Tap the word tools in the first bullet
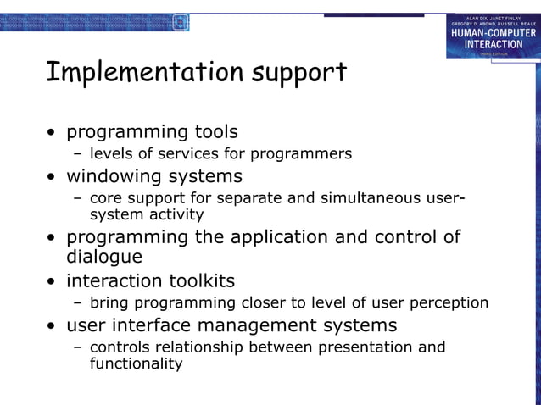pyautogui.click(x=213, y=132)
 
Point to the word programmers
pyautogui.click(x=304, y=155)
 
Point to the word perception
pyautogui.click(x=449, y=303)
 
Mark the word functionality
pyautogui.click(x=136, y=364)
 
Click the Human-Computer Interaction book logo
pyautogui.click(x=493, y=36)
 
